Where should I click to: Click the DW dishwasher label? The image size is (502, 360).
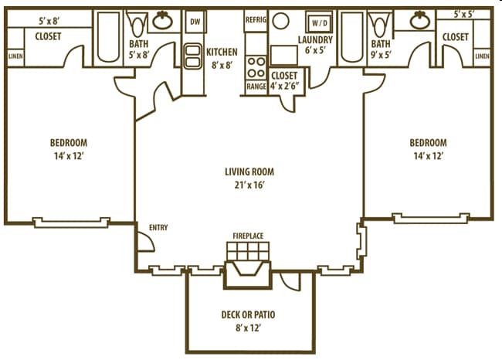click(195, 21)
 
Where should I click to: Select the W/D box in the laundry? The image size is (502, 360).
click(319, 23)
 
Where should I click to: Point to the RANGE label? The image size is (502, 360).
click(256, 87)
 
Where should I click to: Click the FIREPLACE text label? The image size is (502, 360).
click(248, 235)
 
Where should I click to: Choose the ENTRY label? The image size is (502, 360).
click(158, 227)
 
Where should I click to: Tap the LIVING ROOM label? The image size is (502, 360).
click(249, 172)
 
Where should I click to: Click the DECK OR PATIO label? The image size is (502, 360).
click(249, 314)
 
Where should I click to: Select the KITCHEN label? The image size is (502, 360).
click(222, 53)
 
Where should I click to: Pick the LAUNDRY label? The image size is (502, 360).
click(315, 39)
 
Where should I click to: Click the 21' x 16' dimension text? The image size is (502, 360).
click(249, 185)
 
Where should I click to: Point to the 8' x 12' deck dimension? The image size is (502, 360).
click(249, 328)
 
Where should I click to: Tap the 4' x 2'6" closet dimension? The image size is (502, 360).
click(286, 87)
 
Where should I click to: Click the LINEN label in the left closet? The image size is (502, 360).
click(15, 56)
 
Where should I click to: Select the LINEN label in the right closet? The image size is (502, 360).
click(482, 56)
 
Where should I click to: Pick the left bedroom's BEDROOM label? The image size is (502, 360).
click(69, 142)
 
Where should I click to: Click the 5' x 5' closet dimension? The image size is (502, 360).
click(464, 14)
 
